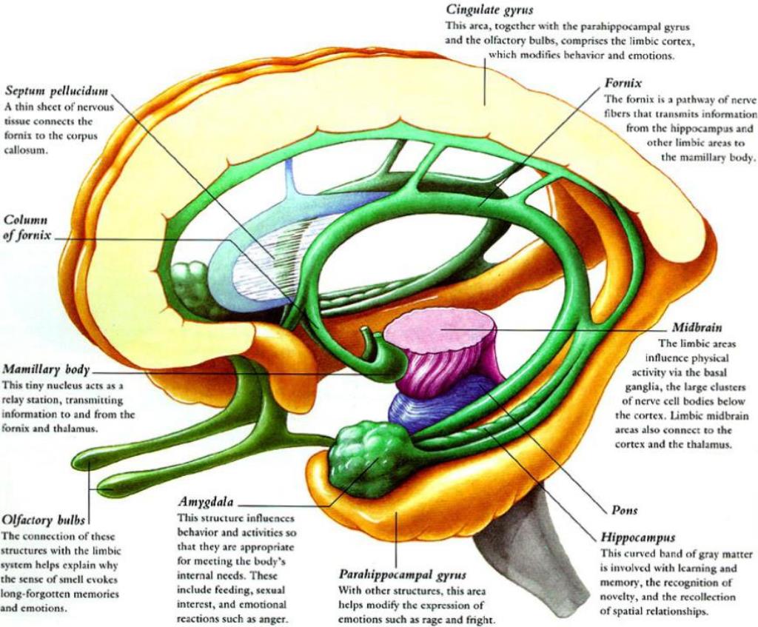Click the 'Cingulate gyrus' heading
pyautogui.click(x=489, y=10)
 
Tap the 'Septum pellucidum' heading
pyautogui.click(x=56, y=91)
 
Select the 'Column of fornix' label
pyautogui.click(x=27, y=229)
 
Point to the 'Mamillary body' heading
pyautogui.click(x=47, y=370)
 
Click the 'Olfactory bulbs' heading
pyautogui.click(x=44, y=520)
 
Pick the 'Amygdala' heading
pyautogui.click(x=206, y=502)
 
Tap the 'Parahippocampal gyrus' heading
pyautogui.click(x=402, y=574)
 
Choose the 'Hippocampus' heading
pyautogui.click(x=637, y=537)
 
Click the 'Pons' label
pyautogui.click(x=625, y=510)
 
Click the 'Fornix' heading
pyautogui.click(x=623, y=83)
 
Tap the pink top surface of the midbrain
pyautogui.click(x=440, y=329)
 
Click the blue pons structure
pyautogui.click(x=435, y=403)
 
